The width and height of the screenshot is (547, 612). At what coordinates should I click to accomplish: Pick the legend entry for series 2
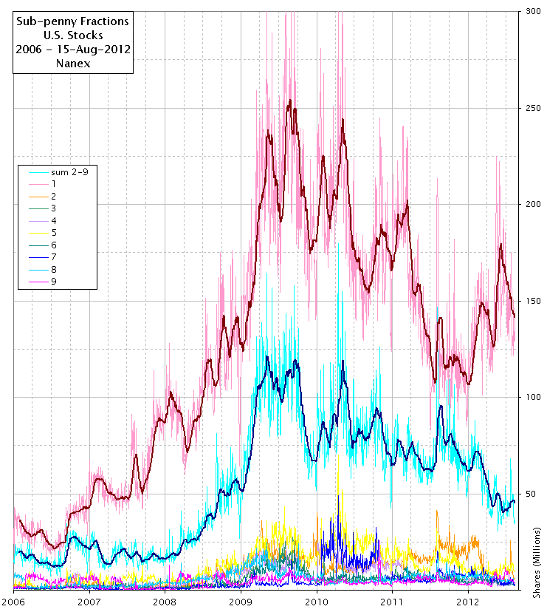[54, 196]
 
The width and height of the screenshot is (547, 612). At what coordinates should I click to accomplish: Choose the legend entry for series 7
[54, 257]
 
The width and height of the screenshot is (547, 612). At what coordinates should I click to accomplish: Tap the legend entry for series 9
[54, 282]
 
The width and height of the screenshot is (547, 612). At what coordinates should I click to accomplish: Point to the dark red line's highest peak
[289, 100]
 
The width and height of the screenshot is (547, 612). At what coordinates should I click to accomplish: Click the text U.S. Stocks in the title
[72, 35]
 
